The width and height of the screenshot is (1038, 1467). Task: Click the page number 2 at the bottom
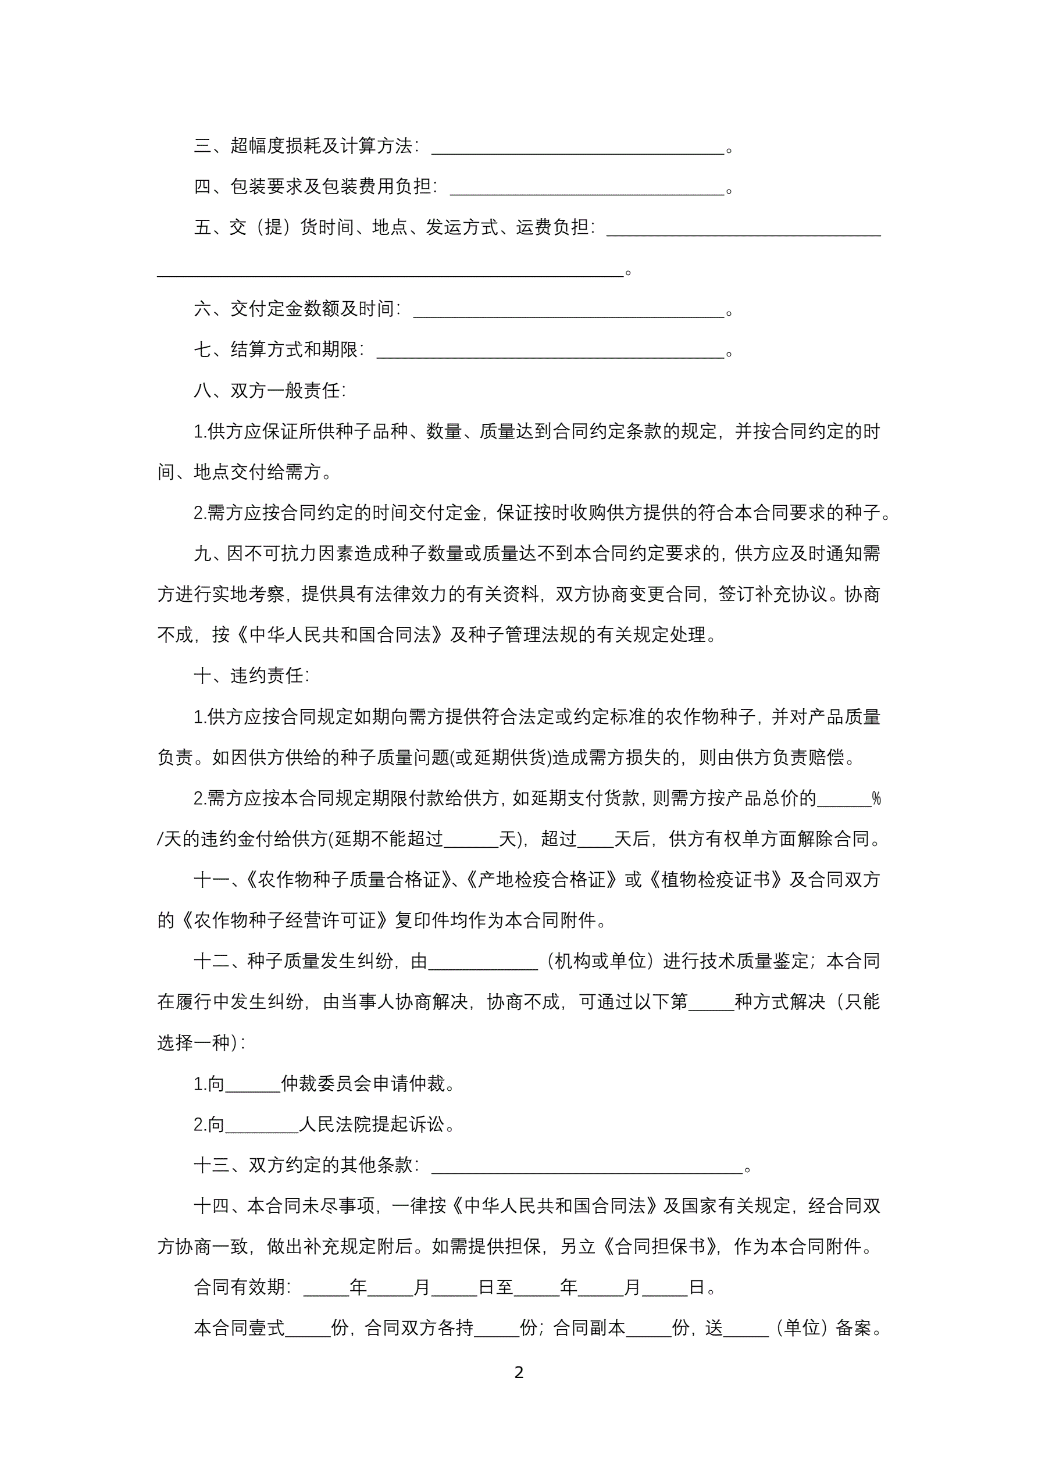pyautogui.click(x=518, y=1372)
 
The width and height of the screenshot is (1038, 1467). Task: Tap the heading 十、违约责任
pyautogui.click(x=251, y=676)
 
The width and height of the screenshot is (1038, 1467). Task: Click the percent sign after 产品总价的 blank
pyautogui.click(x=876, y=799)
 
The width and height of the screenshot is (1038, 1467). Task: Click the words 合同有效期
pyautogui.click(x=240, y=1287)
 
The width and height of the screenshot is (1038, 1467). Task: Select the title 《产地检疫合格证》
pyautogui.click(x=541, y=880)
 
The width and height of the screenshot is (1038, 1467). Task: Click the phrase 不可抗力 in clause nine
pyautogui.click(x=281, y=554)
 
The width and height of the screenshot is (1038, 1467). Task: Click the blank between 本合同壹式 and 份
pyautogui.click(x=308, y=1329)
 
